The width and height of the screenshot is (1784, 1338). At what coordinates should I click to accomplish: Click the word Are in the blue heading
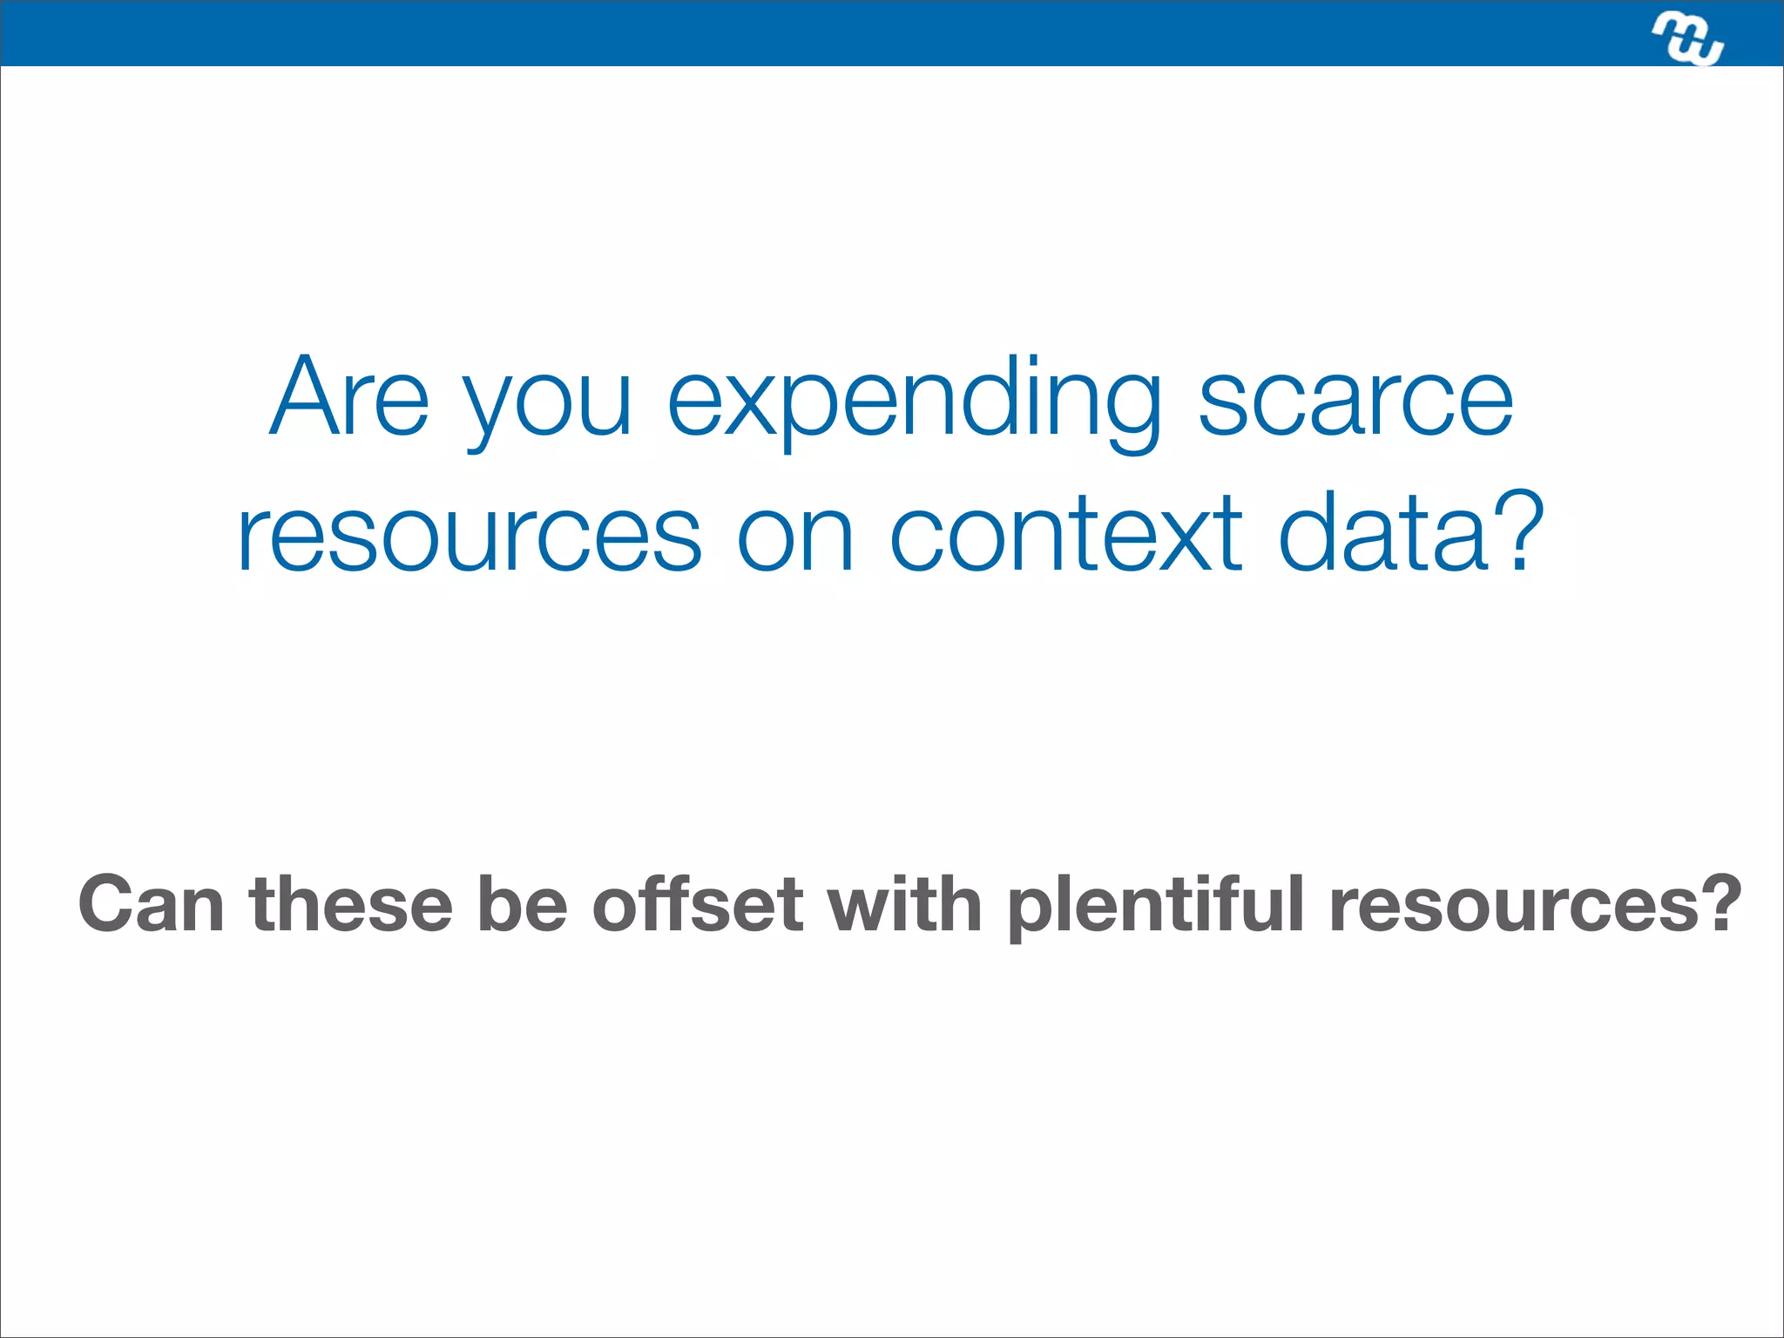pos(349,397)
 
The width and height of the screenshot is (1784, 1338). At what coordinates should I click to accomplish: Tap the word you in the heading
pos(546,408)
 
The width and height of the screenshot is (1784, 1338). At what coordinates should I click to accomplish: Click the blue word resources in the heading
pos(469,533)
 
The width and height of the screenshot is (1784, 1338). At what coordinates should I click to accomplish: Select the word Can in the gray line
pos(151,904)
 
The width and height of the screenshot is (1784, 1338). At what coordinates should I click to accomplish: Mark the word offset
pos(697,904)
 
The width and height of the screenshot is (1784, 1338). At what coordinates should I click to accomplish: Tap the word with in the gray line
pos(905,904)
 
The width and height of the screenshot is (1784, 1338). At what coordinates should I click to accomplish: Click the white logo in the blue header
pos(1688,39)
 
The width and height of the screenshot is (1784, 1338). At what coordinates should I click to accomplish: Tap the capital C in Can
pos(107,904)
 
